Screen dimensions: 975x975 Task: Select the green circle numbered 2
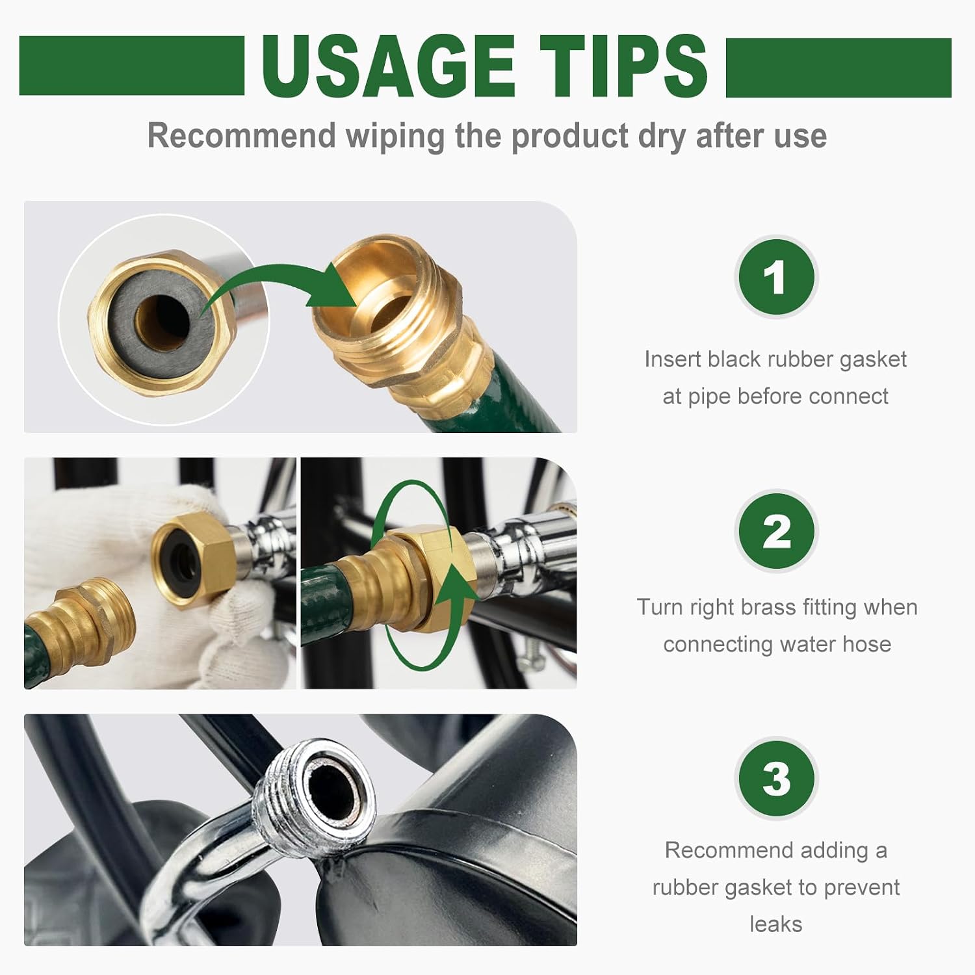click(775, 531)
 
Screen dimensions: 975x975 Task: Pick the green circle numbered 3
click(775, 778)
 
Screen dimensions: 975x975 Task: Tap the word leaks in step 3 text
click(775, 924)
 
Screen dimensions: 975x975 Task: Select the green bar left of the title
click(132, 66)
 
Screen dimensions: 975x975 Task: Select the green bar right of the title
click(838, 67)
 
